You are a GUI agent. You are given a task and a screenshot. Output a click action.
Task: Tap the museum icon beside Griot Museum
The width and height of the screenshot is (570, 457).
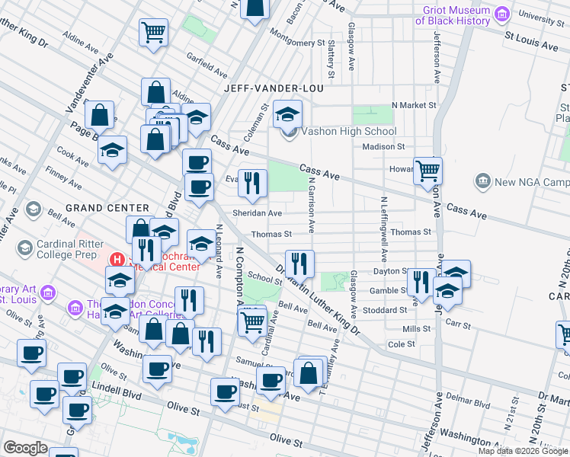pos(501,14)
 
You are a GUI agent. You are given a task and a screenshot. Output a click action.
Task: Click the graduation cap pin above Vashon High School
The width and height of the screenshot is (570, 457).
pos(288,115)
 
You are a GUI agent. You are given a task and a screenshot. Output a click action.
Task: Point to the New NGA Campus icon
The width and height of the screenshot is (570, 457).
pos(482,182)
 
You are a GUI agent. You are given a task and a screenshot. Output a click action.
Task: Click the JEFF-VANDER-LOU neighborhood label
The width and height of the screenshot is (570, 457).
pos(274,88)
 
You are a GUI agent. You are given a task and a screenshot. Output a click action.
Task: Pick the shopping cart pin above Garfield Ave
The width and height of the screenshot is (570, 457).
pos(153,33)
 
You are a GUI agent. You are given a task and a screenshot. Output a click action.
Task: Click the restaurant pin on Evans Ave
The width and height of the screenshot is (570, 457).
pos(252,182)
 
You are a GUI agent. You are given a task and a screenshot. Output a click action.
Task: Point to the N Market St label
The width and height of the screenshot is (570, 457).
pos(413,105)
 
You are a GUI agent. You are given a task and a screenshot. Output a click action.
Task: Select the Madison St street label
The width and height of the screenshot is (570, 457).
pos(383,146)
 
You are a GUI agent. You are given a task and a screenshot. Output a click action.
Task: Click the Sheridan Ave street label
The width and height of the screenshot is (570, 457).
pos(257,214)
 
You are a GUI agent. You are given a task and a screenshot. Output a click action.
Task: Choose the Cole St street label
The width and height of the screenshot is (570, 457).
pos(402,344)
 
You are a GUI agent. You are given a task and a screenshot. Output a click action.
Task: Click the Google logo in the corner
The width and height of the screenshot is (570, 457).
pos(25,448)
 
